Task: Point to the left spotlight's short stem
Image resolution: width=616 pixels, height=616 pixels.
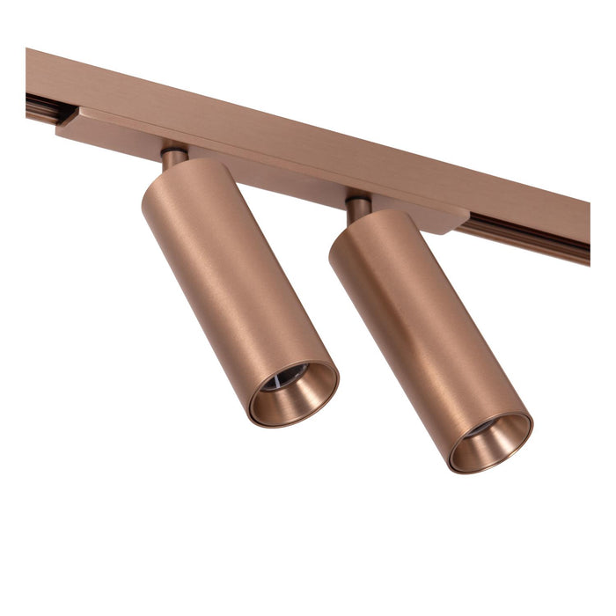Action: pyautogui.click(x=173, y=158)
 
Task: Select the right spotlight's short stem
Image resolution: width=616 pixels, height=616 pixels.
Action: pyautogui.click(x=358, y=209)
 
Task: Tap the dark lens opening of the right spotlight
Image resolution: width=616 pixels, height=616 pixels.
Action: pyautogui.click(x=483, y=429)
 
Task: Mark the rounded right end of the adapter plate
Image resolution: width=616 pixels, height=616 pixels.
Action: pyautogui.click(x=458, y=220)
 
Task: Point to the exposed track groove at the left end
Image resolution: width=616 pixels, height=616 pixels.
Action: pyautogui.click(x=40, y=109)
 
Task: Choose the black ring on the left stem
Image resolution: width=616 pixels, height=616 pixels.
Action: pyautogui.click(x=173, y=150)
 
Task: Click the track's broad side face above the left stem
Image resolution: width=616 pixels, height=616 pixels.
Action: pyautogui.click(x=176, y=106)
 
